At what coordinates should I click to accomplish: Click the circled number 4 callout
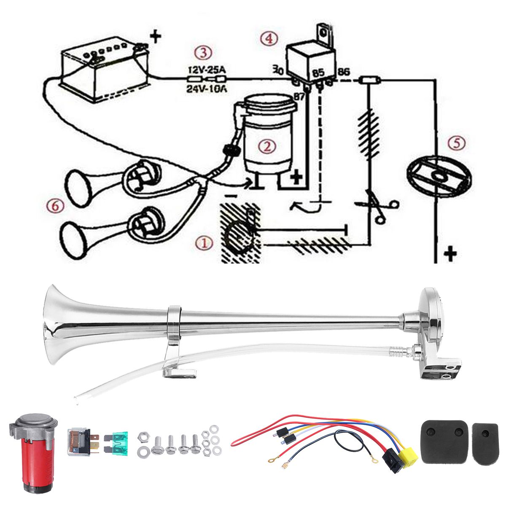click(x=269, y=38)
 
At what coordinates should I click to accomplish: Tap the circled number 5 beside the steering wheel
click(x=457, y=143)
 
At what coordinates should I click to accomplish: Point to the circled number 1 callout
click(x=204, y=243)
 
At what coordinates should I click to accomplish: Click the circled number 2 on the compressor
click(x=267, y=147)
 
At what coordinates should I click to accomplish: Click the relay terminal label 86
click(x=344, y=72)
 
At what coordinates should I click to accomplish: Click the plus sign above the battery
click(x=156, y=37)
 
